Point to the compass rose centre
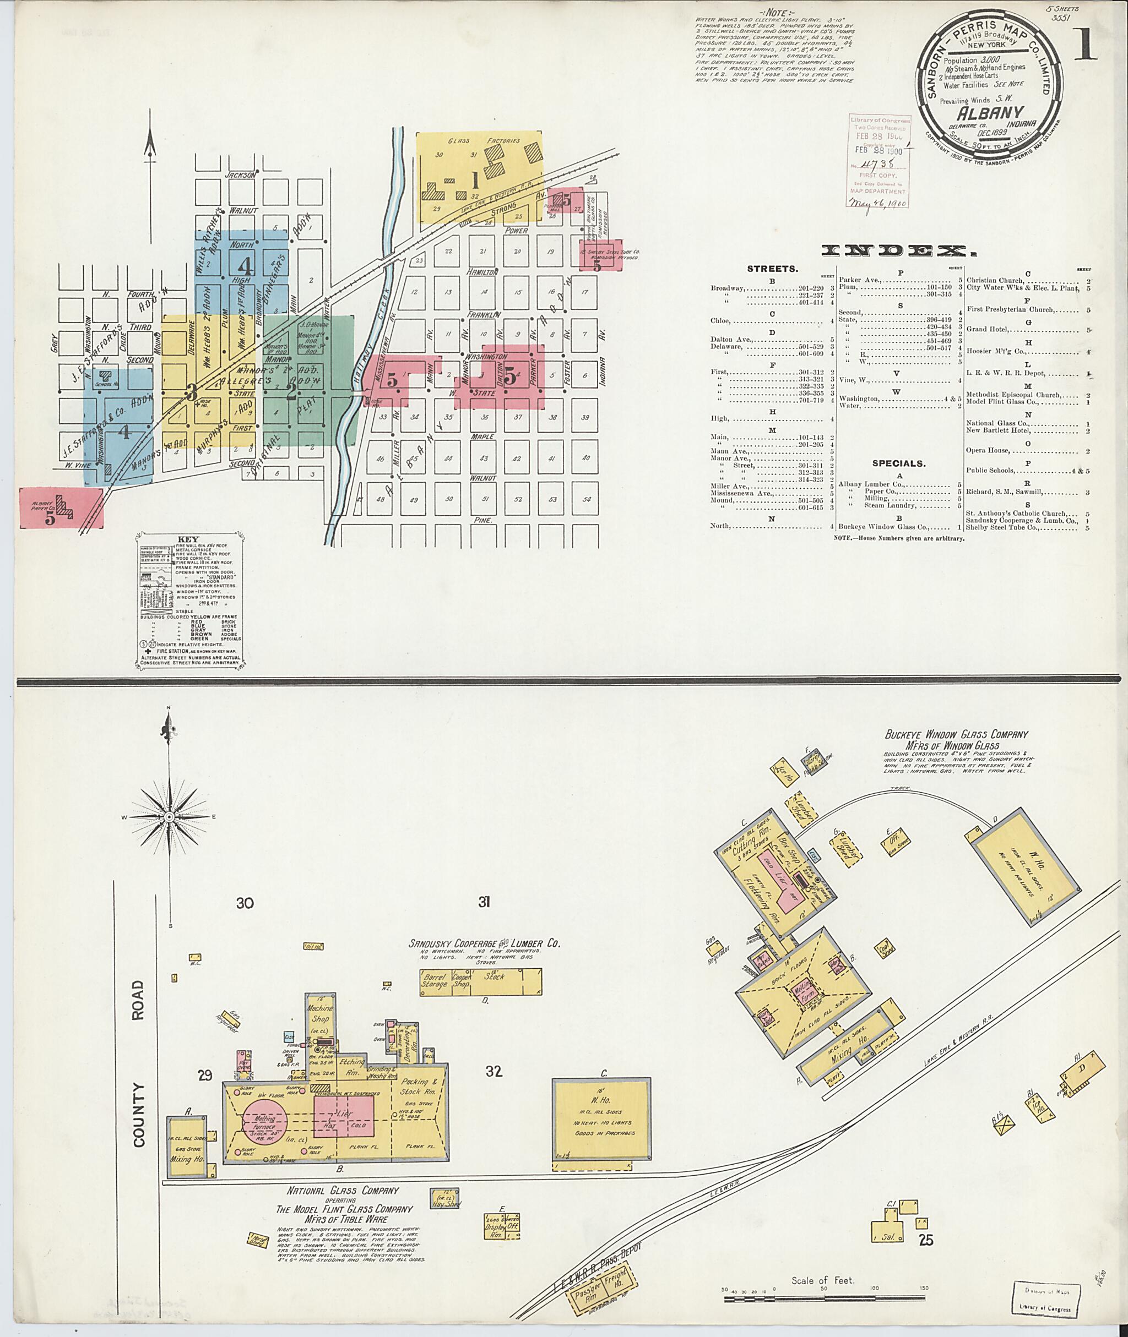point(170,817)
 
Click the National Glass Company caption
point(343,1191)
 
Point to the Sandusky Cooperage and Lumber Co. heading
point(484,943)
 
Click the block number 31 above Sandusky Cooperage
point(484,902)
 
